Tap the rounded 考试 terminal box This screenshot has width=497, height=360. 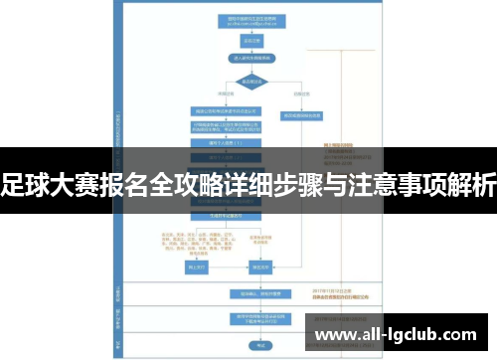[x=260, y=346]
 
